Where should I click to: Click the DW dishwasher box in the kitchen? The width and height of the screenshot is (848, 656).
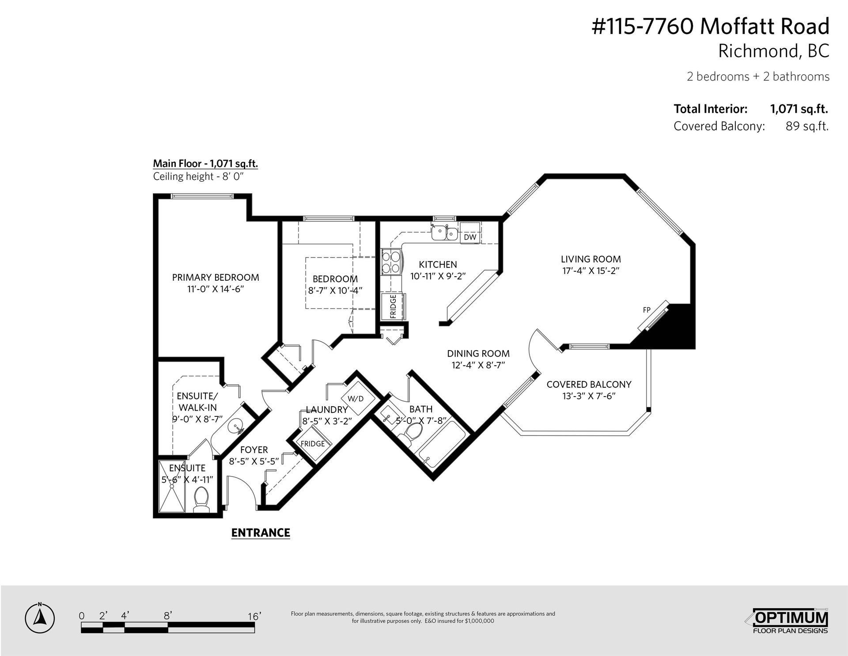(x=470, y=237)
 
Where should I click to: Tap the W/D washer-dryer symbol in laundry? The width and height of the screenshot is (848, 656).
(x=356, y=399)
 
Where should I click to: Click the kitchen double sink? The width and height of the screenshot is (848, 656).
(x=444, y=232)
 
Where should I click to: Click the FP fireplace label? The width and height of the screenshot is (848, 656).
(x=647, y=310)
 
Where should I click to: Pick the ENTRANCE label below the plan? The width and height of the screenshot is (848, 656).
(x=261, y=533)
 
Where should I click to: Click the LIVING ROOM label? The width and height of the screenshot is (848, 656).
(x=591, y=259)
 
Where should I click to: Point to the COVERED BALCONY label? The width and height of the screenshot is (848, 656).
(x=589, y=385)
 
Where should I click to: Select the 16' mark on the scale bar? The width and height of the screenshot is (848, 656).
(x=254, y=616)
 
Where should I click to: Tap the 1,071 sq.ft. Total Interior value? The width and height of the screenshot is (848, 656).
(x=799, y=109)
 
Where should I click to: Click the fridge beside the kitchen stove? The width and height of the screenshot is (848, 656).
(x=393, y=306)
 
